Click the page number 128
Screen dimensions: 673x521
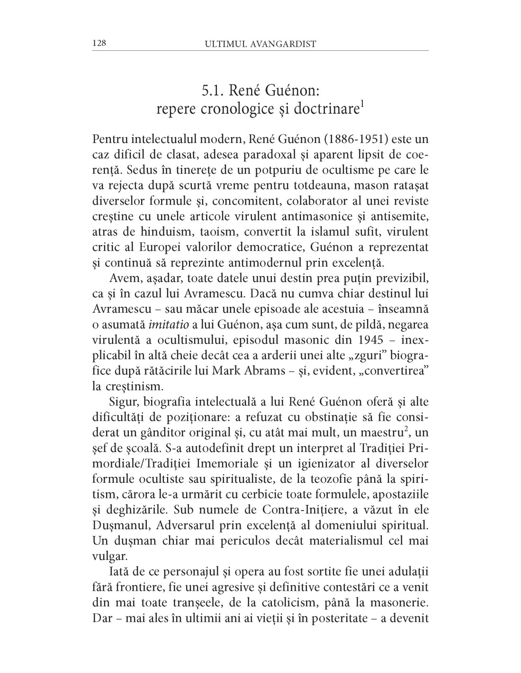point(99,44)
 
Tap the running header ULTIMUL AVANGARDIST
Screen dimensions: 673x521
point(260,44)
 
